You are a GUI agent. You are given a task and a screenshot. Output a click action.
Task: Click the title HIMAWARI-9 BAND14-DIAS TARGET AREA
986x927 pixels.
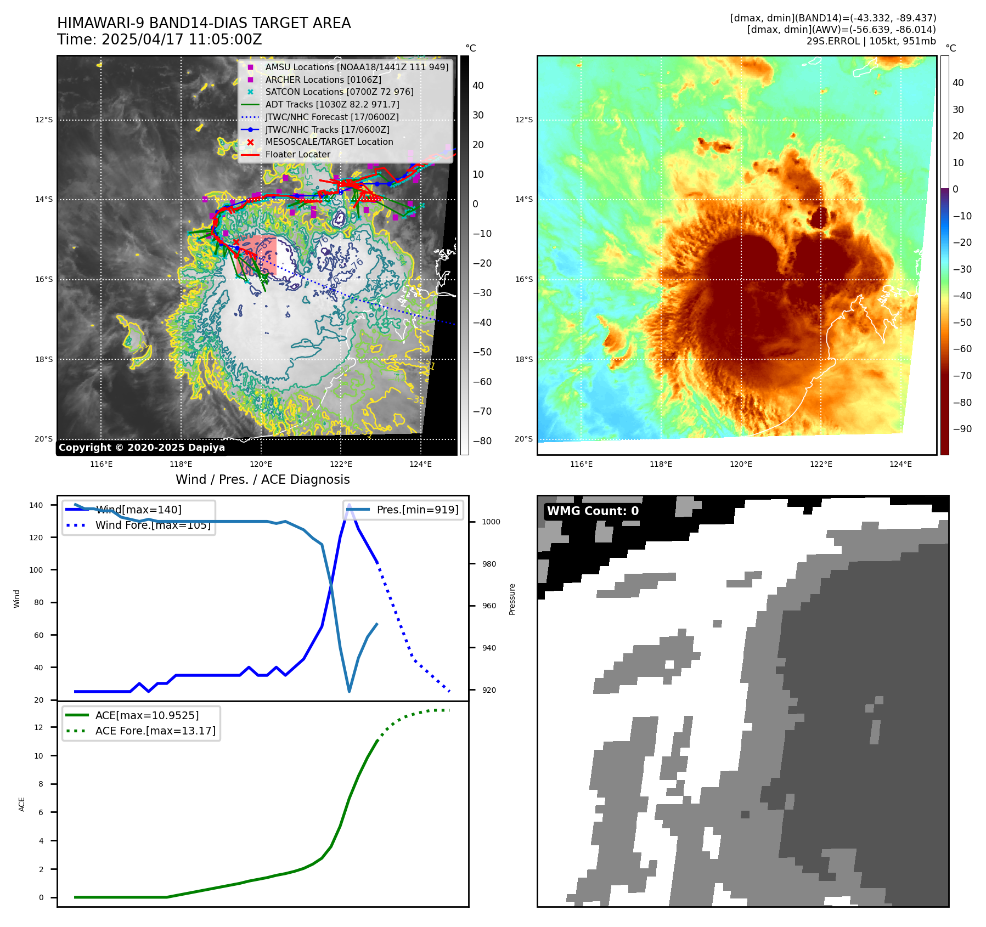click(204, 23)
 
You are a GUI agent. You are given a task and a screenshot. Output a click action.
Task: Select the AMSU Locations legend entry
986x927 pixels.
click(356, 67)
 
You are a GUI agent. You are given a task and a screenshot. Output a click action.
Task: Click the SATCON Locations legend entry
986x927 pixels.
click(339, 92)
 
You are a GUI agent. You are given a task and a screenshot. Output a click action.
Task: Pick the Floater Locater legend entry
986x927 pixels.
click(297, 154)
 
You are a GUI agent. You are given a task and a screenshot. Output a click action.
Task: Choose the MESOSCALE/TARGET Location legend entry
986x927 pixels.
click(329, 142)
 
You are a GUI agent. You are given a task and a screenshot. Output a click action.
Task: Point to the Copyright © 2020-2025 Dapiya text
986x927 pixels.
click(142, 448)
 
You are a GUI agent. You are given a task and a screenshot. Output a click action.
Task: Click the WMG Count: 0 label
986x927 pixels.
click(593, 511)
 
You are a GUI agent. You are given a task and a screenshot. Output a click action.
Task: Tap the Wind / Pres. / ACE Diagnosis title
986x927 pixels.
click(262, 479)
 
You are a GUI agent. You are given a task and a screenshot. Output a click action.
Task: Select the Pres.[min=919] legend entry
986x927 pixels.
click(417, 510)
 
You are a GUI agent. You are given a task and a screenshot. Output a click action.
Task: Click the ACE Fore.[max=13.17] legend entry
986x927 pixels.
click(155, 731)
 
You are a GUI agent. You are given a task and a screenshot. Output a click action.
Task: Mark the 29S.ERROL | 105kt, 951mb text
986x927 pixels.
click(871, 41)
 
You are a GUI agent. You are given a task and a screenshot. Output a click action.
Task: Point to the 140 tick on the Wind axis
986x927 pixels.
click(36, 505)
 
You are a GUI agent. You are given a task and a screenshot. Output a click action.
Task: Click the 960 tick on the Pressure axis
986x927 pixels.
click(489, 606)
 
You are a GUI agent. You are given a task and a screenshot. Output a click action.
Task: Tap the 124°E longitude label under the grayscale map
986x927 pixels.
click(420, 464)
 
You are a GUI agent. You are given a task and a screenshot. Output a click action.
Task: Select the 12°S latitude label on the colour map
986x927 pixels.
click(524, 120)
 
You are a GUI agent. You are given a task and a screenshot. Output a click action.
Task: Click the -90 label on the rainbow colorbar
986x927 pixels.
click(962, 429)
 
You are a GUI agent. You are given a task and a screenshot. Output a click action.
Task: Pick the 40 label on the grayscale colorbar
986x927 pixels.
click(478, 86)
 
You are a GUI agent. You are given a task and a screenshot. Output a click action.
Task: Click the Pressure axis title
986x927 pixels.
click(512, 599)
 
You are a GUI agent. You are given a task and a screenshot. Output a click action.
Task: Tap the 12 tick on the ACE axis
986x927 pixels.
click(39, 727)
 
